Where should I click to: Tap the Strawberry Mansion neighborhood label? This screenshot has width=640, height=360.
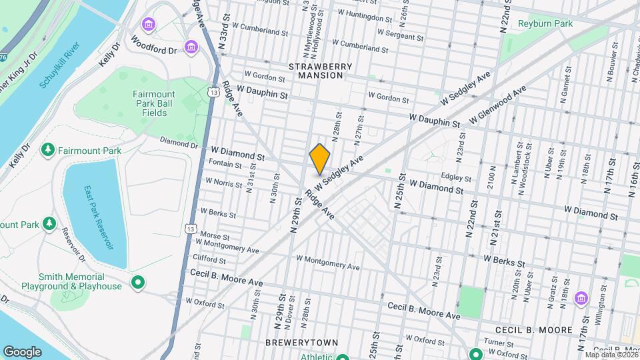[x=316, y=71]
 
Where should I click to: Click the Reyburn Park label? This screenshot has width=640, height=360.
[x=545, y=24]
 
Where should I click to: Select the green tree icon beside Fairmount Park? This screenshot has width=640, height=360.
[x=47, y=151]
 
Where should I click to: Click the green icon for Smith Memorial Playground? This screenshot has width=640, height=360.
[x=138, y=282]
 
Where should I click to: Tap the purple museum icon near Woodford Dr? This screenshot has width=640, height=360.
[x=192, y=47]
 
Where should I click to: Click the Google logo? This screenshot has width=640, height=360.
[x=22, y=351]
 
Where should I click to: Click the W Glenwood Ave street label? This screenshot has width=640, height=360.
[x=498, y=104]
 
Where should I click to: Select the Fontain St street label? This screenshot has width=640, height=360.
[x=225, y=164]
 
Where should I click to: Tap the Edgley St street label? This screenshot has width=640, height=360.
[x=456, y=178]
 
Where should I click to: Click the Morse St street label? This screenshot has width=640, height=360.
[x=215, y=237]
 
